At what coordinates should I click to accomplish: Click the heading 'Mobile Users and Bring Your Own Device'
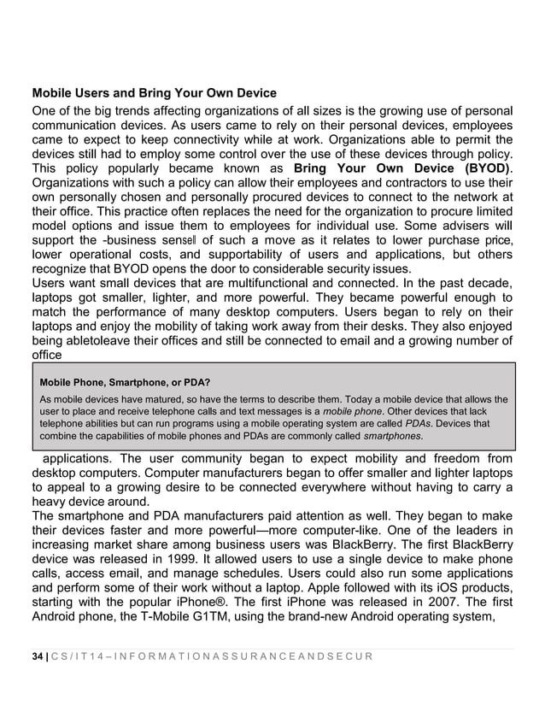pos(155,92)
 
